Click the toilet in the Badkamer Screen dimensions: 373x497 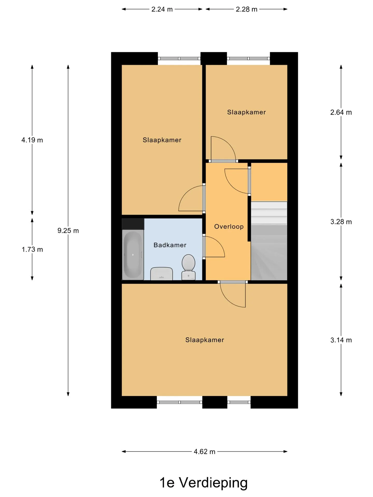pos(188,267)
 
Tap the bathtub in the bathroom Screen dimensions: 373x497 pos(133,255)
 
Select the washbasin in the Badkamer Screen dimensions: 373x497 pos(162,274)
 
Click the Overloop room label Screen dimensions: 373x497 pos(229,226)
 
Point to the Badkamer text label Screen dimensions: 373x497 pos(170,245)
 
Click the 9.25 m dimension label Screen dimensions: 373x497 pos(68,230)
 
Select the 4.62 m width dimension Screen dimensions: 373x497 pos(205,451)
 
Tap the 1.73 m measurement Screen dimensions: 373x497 pos(32,249)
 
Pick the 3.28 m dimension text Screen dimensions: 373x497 pos(341,222)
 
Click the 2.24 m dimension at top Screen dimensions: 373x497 pos(162,9)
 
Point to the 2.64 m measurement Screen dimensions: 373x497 pos(341,112)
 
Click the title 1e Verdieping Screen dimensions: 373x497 pos(204,483)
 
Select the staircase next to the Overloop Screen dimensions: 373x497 pos(269,241)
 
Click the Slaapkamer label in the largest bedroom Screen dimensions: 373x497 pos(205,340)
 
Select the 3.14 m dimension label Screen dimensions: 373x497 pos(341,340)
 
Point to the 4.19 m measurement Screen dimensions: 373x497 pos(32,140)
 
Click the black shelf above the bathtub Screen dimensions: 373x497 pos(133,224)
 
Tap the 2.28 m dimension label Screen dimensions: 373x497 pos(247,9)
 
